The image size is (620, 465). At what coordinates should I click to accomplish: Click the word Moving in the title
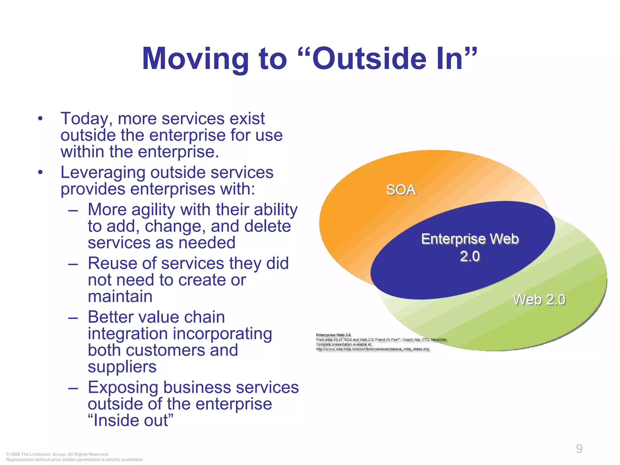[x=195, y=59]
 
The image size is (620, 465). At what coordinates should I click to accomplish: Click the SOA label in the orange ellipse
[x=401, y=190]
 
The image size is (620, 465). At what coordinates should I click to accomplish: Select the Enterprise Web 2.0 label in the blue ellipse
[x=470, y=247]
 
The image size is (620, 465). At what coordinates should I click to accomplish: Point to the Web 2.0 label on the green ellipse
[x=539, y=300]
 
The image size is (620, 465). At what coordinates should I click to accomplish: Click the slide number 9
[x=579, y=448]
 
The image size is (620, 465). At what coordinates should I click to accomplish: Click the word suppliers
[x=122, y=367]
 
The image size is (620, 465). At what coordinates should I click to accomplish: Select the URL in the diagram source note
[x=372, y=349]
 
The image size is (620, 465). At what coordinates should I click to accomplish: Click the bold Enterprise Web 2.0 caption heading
[x=333, y=335]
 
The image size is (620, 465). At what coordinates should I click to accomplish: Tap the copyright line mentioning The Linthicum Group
[x=58, y=454]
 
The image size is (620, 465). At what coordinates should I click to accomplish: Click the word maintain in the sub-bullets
[x=120, y=296]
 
